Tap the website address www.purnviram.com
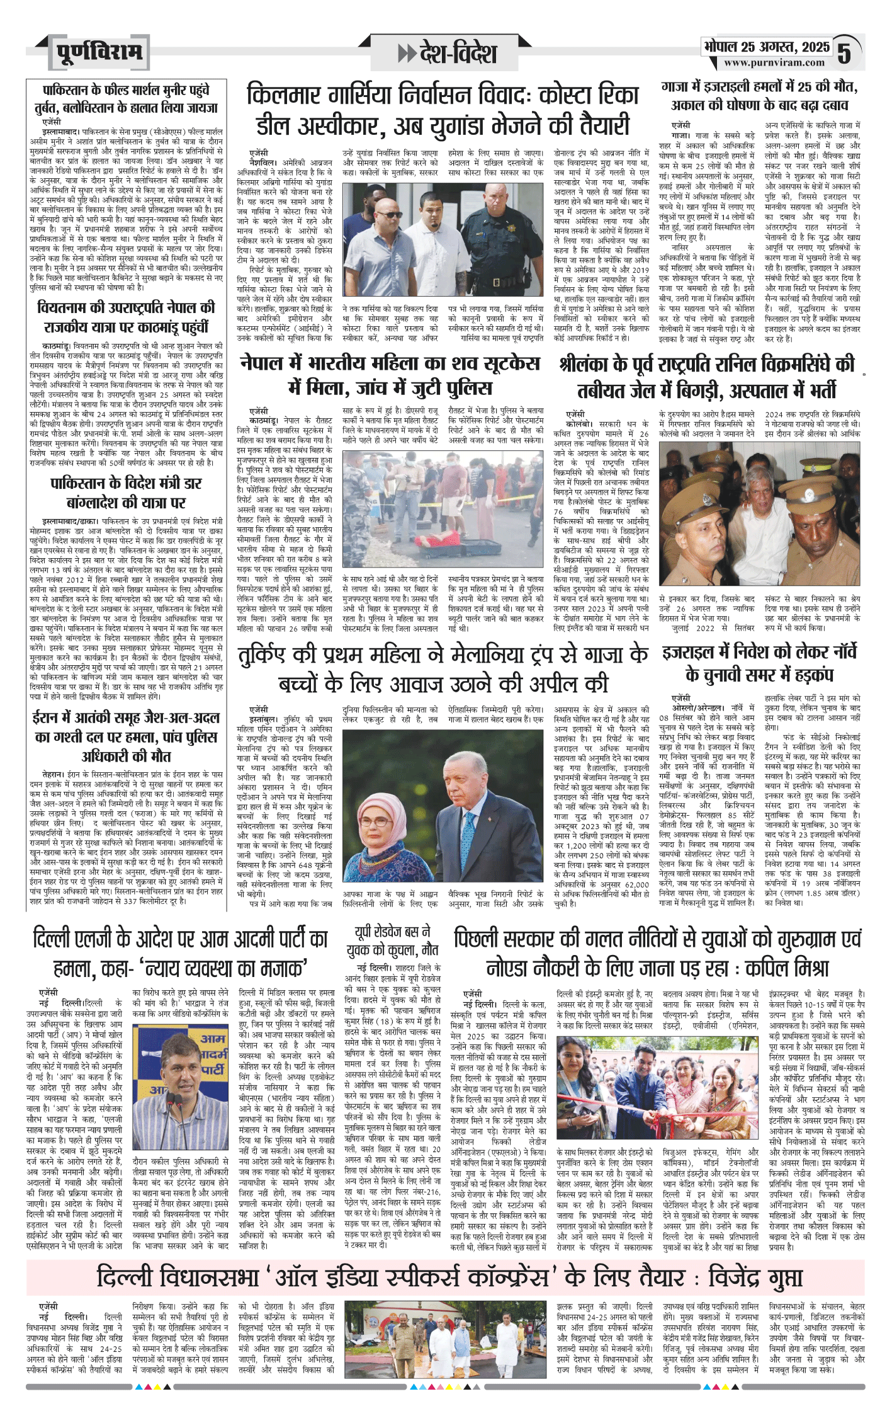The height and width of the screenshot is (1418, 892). [x=774, y=62]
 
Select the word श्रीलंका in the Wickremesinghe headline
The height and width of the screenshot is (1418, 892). [x=590, y=365]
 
